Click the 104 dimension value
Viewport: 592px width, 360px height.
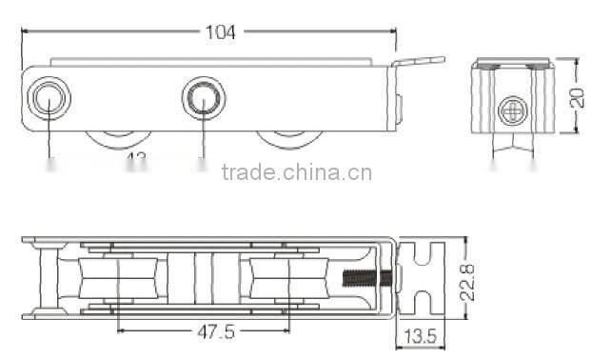coord(221,31)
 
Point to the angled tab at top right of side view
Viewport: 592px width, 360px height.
coord(420,62)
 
